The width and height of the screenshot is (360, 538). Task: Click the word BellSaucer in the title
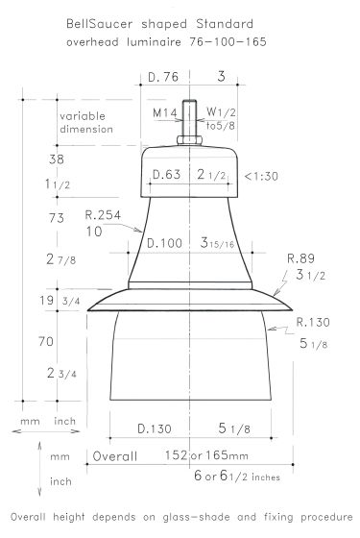(99, 24)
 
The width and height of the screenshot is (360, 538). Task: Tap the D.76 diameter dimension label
(163, 77)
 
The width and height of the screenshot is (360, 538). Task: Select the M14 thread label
(165, 112)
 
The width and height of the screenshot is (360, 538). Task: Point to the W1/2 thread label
(221, 111)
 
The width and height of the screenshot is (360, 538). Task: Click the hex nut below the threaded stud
(189, 140)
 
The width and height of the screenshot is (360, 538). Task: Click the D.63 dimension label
(166, 174)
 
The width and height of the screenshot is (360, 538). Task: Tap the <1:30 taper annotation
(261, 177)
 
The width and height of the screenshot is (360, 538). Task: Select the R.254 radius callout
(103, 215)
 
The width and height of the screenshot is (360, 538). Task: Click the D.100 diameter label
(164, 243)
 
